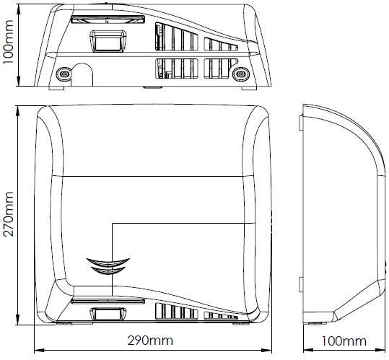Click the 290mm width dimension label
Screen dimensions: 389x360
tap(150, 341)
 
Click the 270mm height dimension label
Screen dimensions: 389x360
tap(9, 214)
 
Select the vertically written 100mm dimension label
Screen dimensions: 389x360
tap(8, 42)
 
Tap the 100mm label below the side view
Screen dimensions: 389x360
tap(344, 341)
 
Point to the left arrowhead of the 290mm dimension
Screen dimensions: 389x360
tap(39, 351)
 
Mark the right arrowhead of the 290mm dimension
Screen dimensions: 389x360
tap(267, 351)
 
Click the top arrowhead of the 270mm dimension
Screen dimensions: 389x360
tap(18, 110)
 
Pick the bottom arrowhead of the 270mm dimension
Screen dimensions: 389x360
tap(18, 320)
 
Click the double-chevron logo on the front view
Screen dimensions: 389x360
tap(108, 265)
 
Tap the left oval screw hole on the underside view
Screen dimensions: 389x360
tap(64, 74)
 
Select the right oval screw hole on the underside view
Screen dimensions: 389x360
tap(240, 74)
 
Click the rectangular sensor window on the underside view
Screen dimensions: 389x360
tap(108, 41)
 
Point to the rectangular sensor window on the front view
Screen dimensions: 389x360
tap(108, 314)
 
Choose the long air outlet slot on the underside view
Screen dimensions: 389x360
tap(108, 19)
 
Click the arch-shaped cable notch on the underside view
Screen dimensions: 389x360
tap(82, 74)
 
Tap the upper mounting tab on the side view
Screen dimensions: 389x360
tap(301, 123)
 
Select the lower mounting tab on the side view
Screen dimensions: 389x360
tap(301, 284)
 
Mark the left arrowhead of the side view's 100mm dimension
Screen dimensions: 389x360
tap(308, 351)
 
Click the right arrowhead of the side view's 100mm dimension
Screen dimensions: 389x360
tap(381, 351)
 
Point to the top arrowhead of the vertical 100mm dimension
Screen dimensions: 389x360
tap(18, 9)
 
